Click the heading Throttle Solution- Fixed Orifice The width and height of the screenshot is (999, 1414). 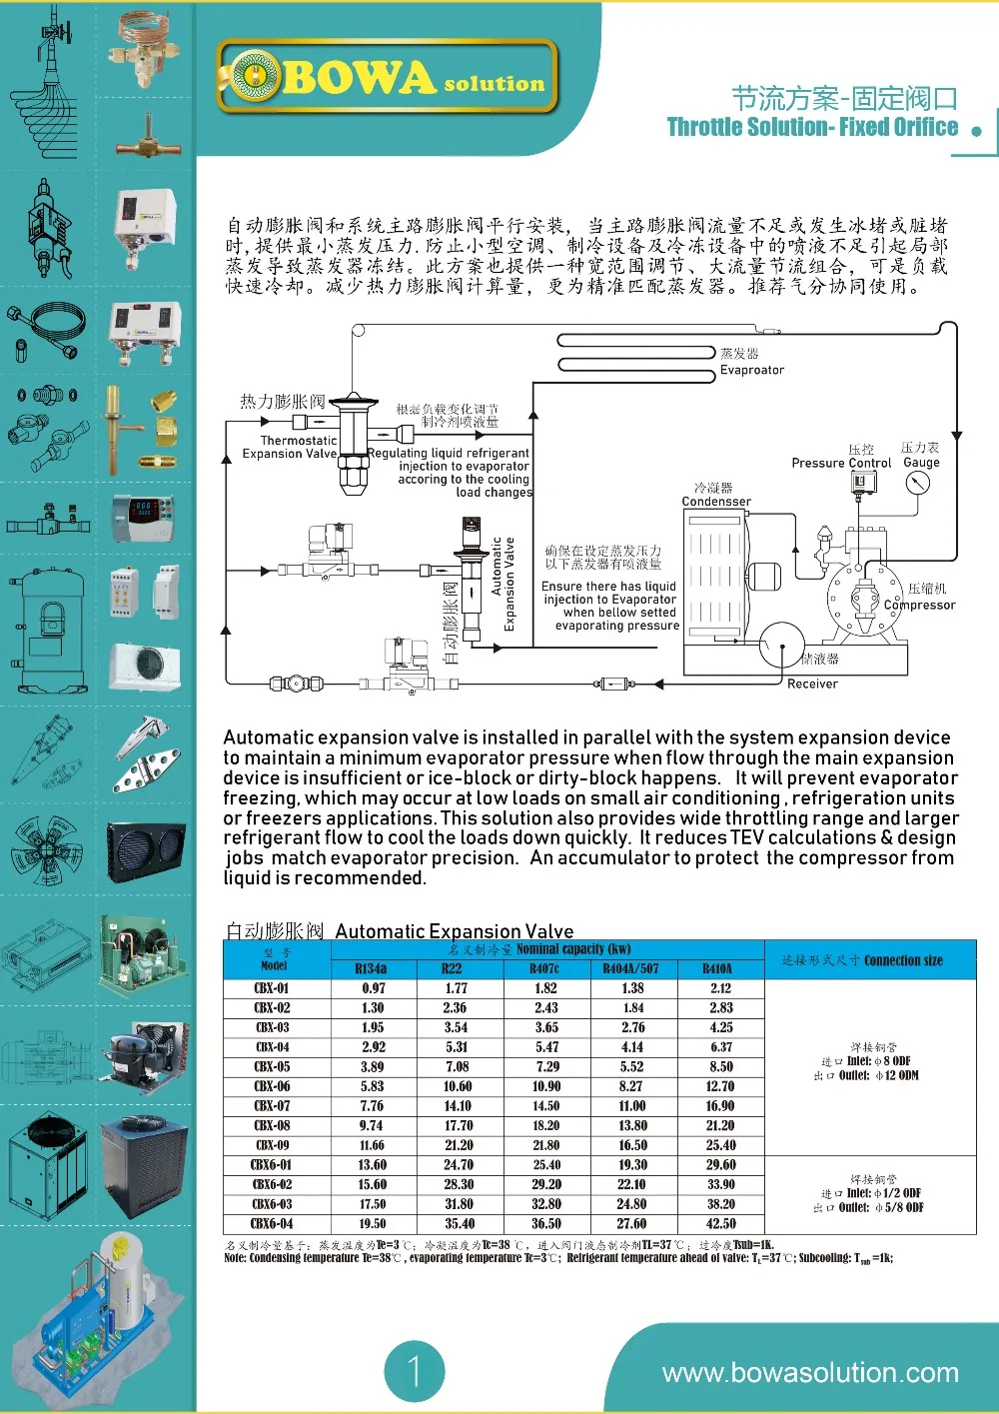point(811,127)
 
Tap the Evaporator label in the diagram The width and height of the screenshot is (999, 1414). point(752,370)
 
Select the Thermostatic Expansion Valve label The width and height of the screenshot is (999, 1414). point(290,447)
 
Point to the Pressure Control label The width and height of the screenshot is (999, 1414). point(841,463)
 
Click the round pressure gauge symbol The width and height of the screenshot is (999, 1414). point(917,484)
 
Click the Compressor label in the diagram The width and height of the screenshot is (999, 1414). point(919,605)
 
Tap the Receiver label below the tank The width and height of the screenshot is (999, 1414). point(812,684)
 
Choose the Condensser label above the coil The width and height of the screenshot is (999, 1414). point(716,502)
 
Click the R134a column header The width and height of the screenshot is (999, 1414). point(371,968)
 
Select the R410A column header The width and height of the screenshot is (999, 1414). point(717,968)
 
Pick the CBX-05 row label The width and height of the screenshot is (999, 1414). point(272,1066)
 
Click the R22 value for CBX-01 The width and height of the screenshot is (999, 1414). point(457,988)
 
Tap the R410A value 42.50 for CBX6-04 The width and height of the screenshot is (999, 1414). point(720,1223)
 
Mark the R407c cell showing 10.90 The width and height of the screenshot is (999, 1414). point(546,1086)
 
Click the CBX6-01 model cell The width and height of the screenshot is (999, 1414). point(272,1164)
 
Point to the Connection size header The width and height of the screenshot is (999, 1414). point(862,960)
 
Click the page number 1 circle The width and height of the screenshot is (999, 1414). point(415,1371)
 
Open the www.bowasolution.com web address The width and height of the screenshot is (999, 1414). point(810,1373)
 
